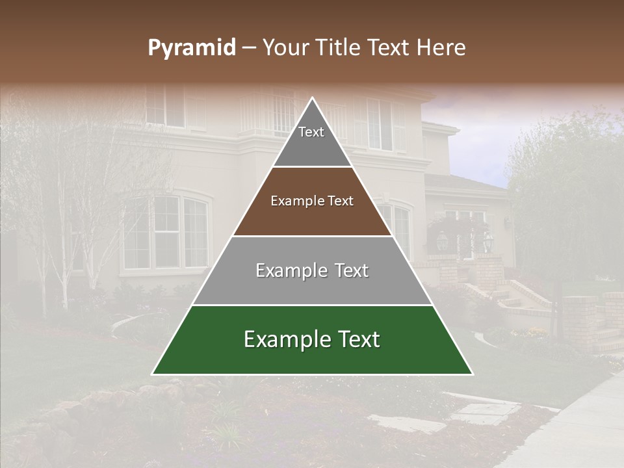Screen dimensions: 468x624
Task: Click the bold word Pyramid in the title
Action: (191, 48)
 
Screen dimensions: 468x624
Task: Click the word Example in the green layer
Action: (283, 339)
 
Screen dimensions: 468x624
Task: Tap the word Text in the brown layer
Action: (341, 201)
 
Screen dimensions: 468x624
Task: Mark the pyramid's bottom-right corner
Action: (472, 374)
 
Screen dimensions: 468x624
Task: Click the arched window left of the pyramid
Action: (166, 232)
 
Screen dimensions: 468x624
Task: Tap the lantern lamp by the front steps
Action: (488, 242)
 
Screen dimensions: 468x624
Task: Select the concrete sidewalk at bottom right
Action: (578, 429)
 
